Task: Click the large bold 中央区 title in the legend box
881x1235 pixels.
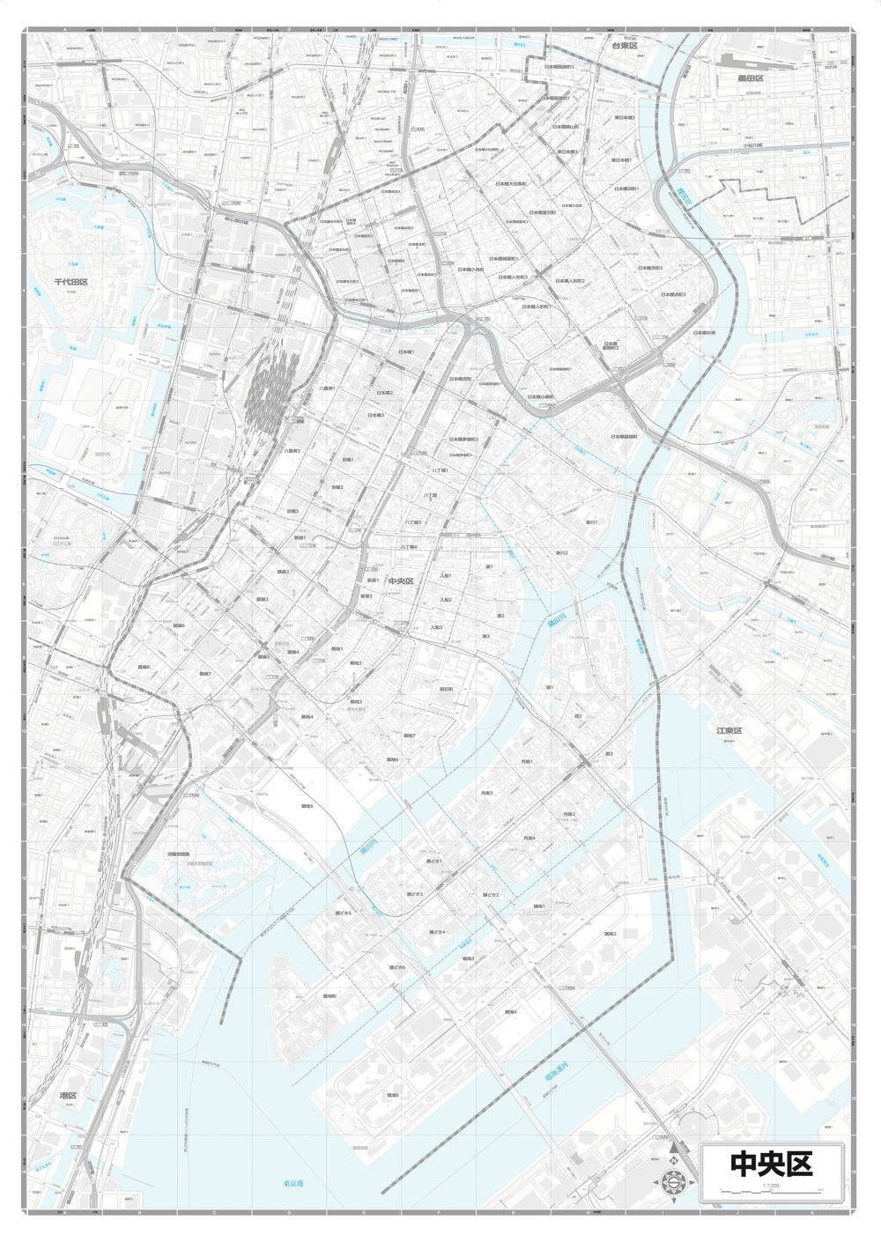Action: [x=771, y=1164]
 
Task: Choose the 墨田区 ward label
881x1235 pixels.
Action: [x=751, y=78]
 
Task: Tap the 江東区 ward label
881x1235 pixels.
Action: [x=729, y=730]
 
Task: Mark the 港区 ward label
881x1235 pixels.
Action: [x=68, y=1095]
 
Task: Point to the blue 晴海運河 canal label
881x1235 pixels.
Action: [x=557, y=1080]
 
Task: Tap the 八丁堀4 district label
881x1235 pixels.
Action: [x=408, y=547]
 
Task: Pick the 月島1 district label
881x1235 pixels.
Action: [x=527, y=761]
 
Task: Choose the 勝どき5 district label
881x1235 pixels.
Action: [x=344, y=913]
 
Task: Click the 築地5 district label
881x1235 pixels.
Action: [x=307, y=805]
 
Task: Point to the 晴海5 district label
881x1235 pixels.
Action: [x=392, y=1095]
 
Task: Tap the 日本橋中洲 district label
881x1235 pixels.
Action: [x=704, y=333]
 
